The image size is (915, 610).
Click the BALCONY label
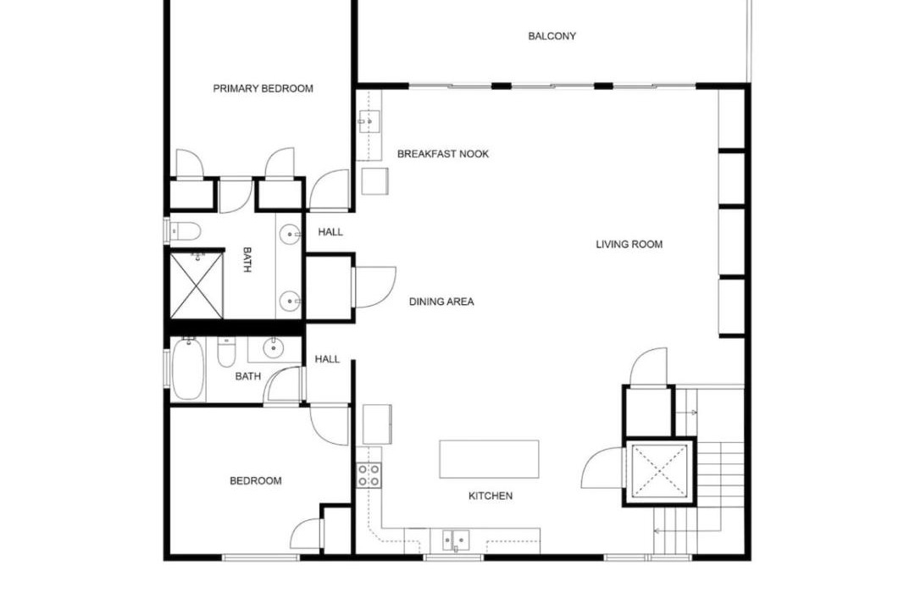coord(552,36)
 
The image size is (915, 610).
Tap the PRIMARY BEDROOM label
coord(263,89)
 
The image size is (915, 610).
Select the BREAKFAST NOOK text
coord(443,154)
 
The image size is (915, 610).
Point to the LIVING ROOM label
coord(629,245)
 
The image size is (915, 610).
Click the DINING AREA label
coord(441,302)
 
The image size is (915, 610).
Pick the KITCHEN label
coord(491,496)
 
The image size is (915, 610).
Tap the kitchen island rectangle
coord(489,459)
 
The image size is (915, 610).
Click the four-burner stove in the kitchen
coord(369,475)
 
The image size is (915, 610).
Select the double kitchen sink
coord(455,541)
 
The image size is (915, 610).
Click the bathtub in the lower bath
coord(188,369)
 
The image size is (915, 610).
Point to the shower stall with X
coord(197,286)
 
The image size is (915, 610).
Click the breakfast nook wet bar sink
coord(369,122)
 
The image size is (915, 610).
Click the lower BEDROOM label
coord(256,481)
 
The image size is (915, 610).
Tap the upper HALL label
coord(330,232)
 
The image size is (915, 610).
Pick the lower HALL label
coord(327,359)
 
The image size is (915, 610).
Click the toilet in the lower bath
coord(226,352)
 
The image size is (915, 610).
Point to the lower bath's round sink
coord(273,348)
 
